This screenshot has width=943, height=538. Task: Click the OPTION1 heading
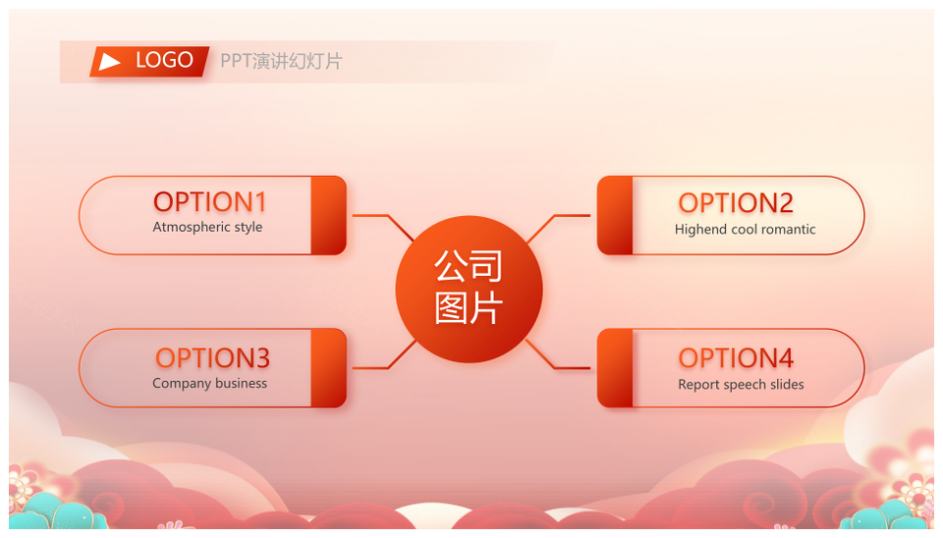pos(210,202)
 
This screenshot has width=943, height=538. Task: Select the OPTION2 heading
pos(736,203)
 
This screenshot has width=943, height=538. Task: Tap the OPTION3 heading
pos(212,358)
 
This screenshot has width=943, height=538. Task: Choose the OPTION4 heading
pos(736,358)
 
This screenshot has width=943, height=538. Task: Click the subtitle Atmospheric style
pos(207,227)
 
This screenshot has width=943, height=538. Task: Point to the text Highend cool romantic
pos(746,229)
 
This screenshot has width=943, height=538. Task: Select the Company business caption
pos(209,384)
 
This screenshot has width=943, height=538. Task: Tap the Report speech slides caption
pos(741,385)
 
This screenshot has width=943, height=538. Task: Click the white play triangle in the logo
pos(109,61)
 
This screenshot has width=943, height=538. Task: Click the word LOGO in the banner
pos(164,60)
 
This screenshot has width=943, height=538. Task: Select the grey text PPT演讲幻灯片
pos(281,61)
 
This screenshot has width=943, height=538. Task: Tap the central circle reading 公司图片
pos(470,290)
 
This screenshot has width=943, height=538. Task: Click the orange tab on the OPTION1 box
pos(328,215)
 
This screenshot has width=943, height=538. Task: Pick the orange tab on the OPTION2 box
pos(615,215)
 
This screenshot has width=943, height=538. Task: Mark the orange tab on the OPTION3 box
pos(328,368)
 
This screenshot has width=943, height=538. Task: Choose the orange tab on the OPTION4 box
pos(615,368)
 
